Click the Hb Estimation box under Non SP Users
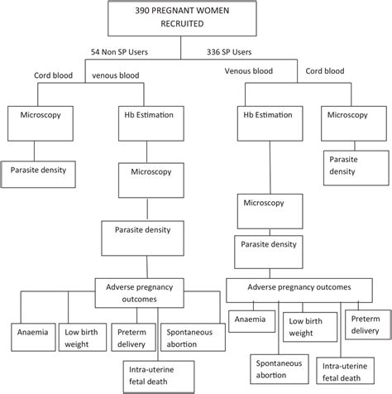coord(146,117)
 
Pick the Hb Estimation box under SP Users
coord(270,117)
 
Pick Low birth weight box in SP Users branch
coord(308,325)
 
